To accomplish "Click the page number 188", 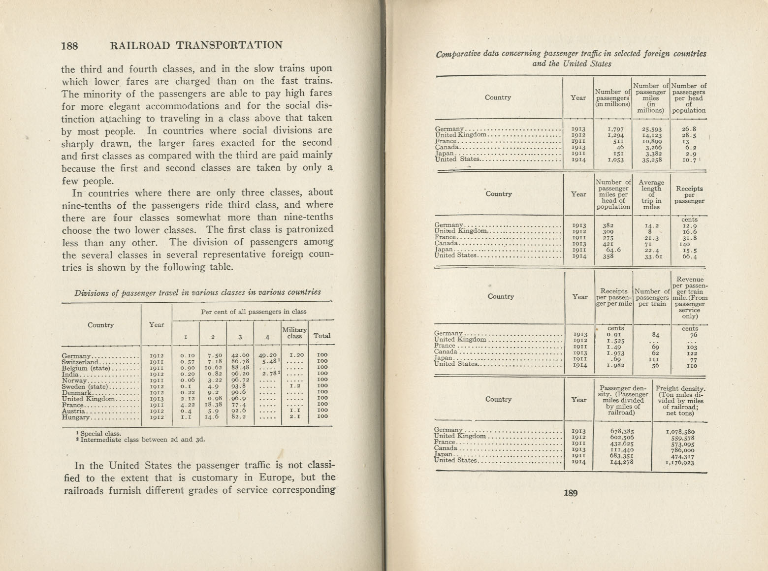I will pyautogui.click(x=69, y=46).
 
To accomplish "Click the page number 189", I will pyautogui.click(x=571, y=493).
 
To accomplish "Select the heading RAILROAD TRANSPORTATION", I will pyautogui.click(x=197, y=45).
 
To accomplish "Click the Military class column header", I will pyautogui.click(x=294, y=333).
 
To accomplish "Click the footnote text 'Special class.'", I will pyautogui.click(x=100, y=434).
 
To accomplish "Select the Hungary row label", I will pyautogui.click(x=76, y=417).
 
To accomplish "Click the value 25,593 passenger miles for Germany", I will pyautogui.click(x=651, y=129).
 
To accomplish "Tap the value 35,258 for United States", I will pyautogui.click(x=651, y=159).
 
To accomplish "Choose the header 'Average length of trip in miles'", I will pyautogui.click(x=651, y=195).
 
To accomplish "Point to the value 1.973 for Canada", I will pyautogui.click(x=616, y=353).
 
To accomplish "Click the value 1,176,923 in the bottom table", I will pyautogui.click(x=679, y=462).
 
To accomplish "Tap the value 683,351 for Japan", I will pyautogui.click(x=621, y=456).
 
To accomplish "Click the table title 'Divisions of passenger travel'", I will pyautogui.click(x=197, y=292).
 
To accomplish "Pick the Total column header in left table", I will pyautogui.click(x=322, y=336).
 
